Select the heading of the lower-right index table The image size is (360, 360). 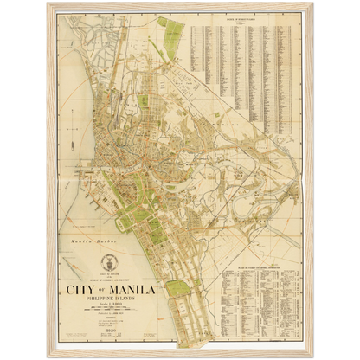point(260,269)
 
